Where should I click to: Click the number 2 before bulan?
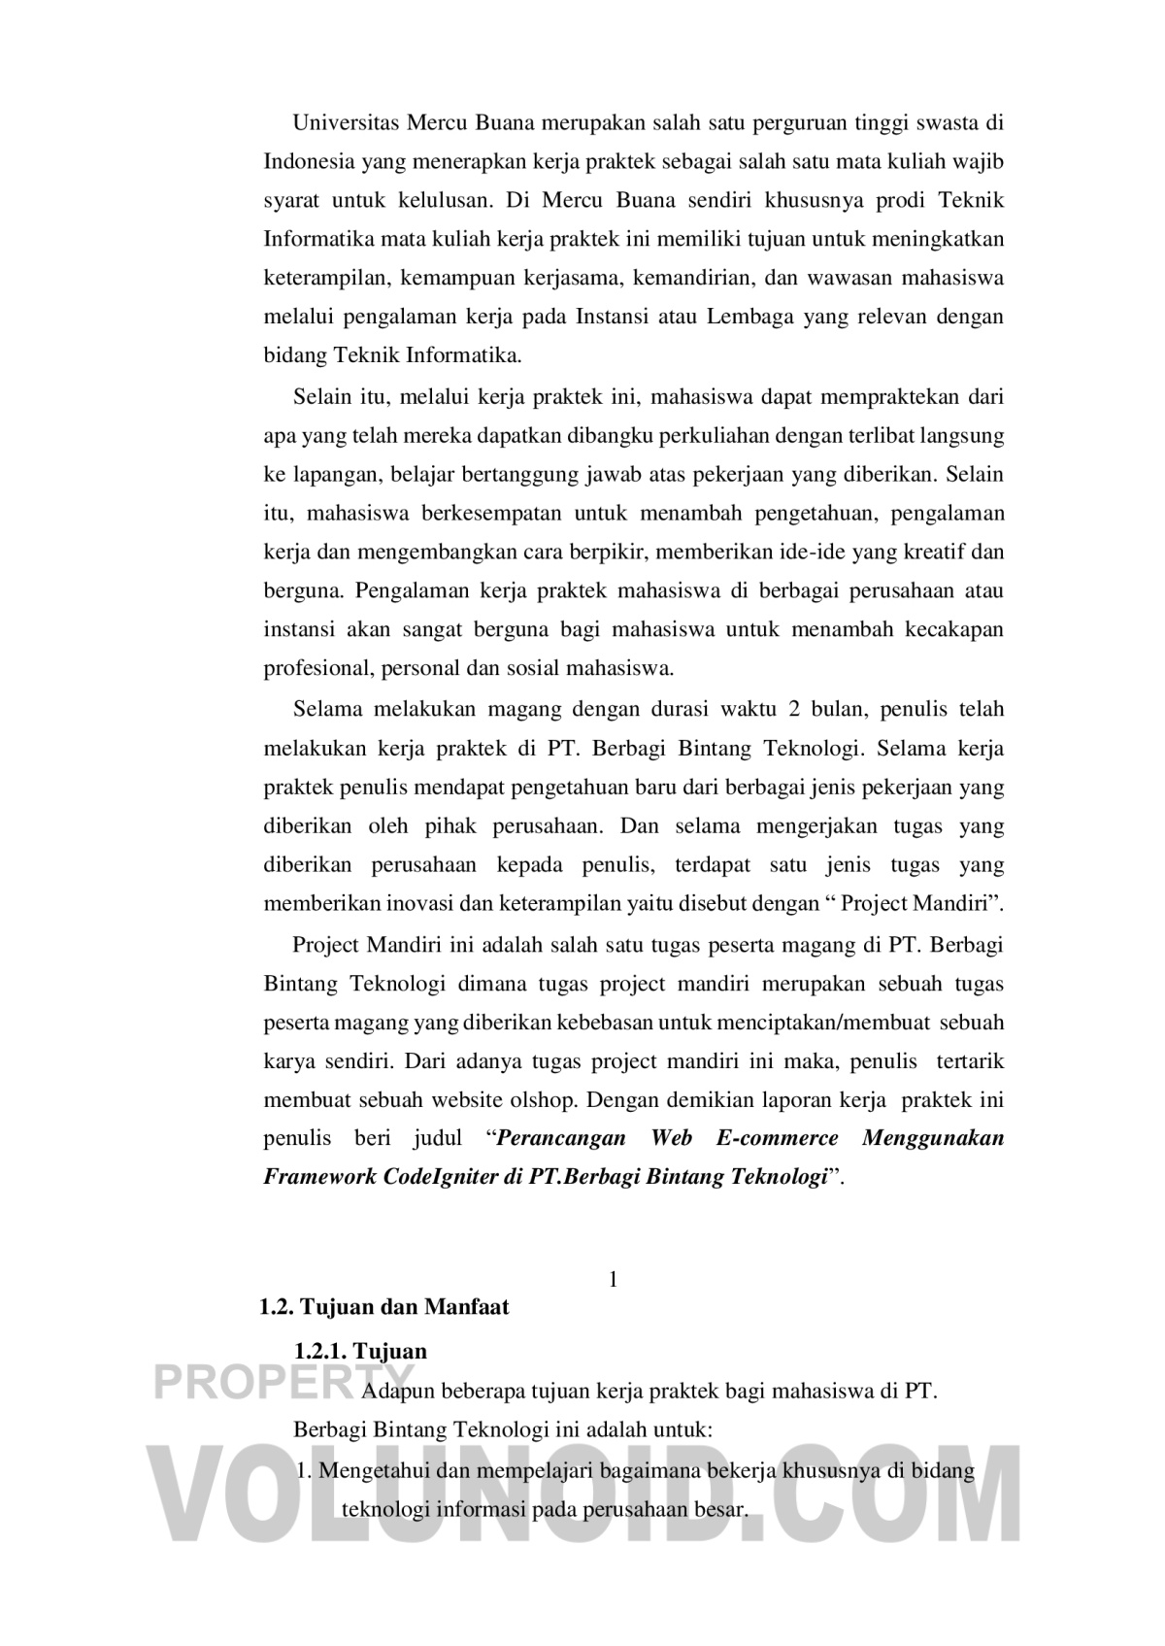(x=795, y=709)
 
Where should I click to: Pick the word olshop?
(x=545, y=1100)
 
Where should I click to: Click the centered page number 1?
(x=613, y=1279)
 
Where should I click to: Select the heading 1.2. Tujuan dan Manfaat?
(x=384, y=1307)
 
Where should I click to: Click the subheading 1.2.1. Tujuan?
(x=360, y=1351)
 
